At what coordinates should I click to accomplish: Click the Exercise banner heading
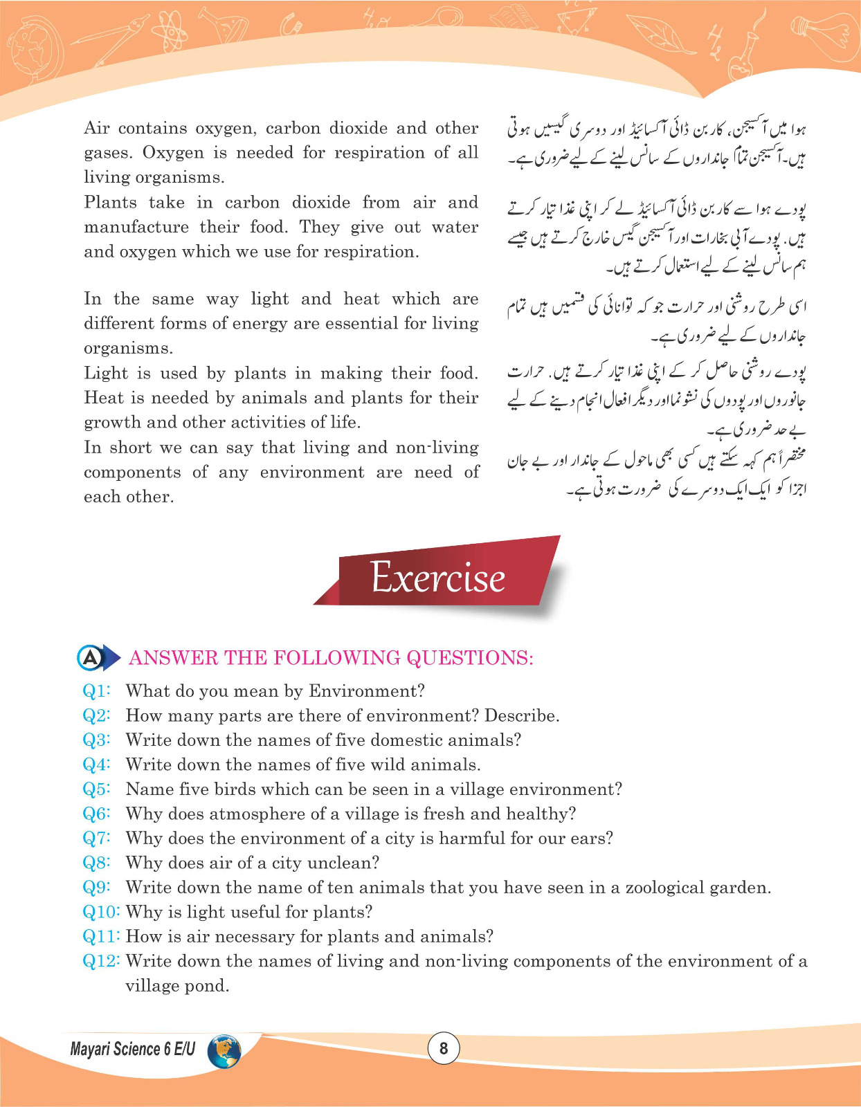[x=437, y=577]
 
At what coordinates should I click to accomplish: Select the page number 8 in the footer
[x=444, y=1048]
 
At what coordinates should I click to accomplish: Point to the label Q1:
[x=97, y=691]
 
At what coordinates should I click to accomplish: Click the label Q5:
[x=97, y=789]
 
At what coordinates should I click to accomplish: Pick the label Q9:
[x=97, y=888]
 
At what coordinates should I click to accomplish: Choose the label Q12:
[x=101, y=961]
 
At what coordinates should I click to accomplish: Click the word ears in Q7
[x=595, y=839]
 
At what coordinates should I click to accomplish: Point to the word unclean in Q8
[x=343, y=863]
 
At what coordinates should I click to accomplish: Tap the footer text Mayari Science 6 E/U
[x=132, y=1050]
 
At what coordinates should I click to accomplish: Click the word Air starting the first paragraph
[x=97, y=129]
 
